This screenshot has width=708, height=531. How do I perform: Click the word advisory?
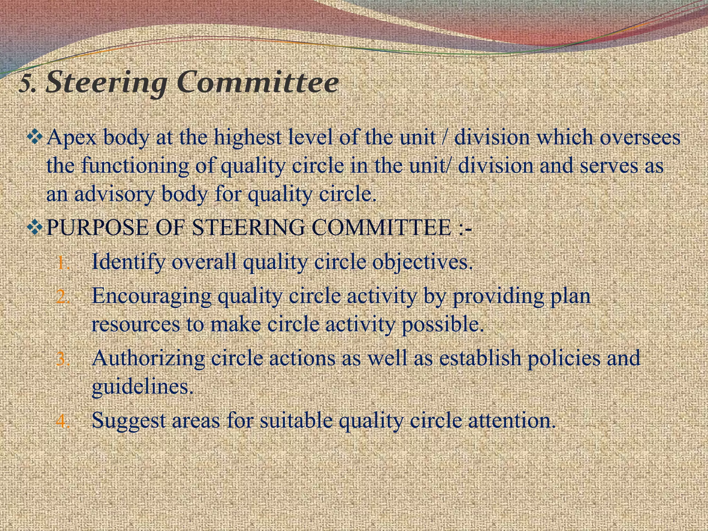click(114, 195)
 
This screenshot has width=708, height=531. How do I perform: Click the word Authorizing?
click(148, 358)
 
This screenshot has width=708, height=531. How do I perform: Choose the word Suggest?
click(128, 421)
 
